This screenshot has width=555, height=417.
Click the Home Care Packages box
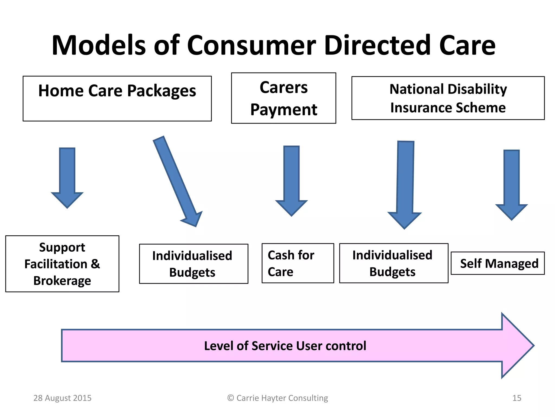(x=117, y=98)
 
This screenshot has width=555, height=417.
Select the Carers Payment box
(x=283, y=98)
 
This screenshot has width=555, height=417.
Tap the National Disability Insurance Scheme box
(x=448, y=98)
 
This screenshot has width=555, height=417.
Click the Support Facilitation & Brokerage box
(x=62, y=264)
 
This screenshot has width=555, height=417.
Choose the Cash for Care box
(x=298, y=263)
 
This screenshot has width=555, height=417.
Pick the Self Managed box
(x=498, y=263)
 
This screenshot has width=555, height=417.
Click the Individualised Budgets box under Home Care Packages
(x=193, y=264)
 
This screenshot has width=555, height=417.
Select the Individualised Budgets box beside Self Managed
(x=393, y=263)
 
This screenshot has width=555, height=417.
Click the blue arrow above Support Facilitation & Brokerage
(x=67, y=176)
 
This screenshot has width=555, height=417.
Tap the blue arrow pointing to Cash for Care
(x=291, y=179)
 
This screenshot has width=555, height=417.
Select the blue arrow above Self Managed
(x=511, y=183)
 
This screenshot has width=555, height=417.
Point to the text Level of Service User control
(x=285, y=346)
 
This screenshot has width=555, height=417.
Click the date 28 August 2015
(x=62, y=398)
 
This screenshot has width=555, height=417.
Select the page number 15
(x=517, y=398)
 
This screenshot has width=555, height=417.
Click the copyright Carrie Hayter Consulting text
(x=277, y=398)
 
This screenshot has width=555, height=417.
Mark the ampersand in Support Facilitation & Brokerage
(x=95, y=264)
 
